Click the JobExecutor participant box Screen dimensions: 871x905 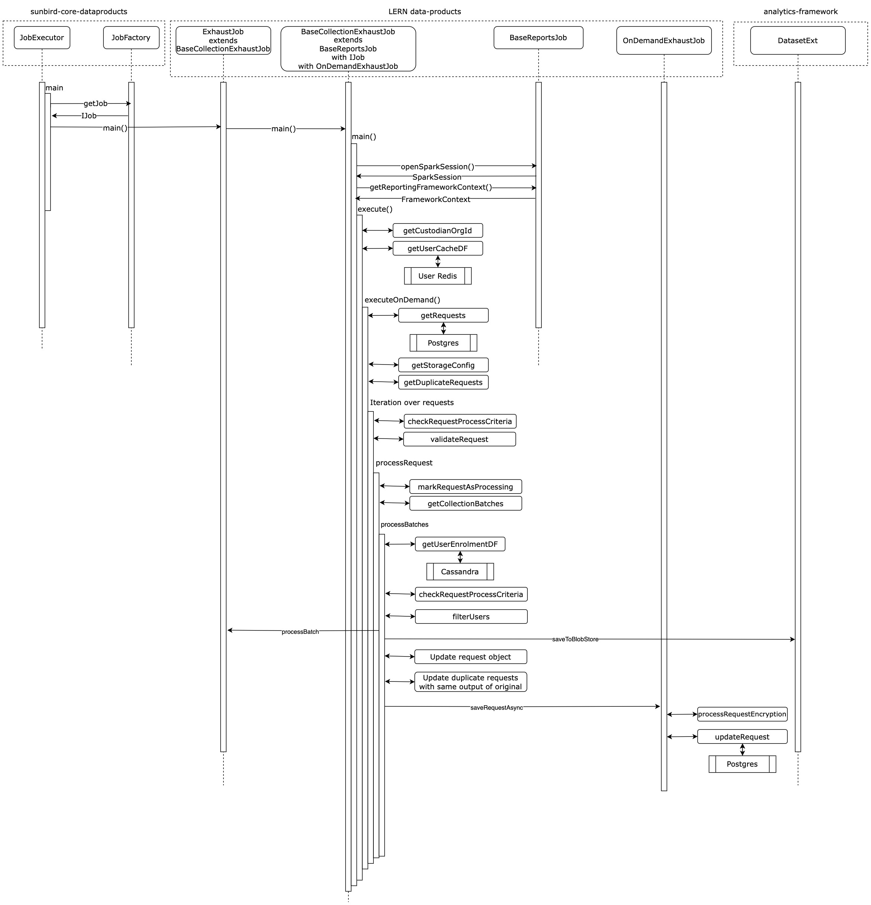click(x=42, y=38)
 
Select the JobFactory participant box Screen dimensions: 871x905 click(x=131, y=38)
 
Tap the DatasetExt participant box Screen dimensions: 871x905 click(x=798, y=40)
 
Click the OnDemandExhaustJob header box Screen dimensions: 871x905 click(x=664, y=40)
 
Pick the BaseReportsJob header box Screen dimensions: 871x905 click(x=538, y=38)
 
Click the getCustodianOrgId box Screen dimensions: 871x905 click(x=438, y=230)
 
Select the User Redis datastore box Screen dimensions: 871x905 click(x=438, y=276)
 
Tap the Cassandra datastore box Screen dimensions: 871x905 click(x=460, y=572)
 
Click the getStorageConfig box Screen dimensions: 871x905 click(x=443, y=365)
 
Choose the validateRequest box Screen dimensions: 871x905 click(x=459, y=439)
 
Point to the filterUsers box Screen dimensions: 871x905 click(x=471, y=616)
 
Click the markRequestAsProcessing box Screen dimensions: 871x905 click(x=465, y=487)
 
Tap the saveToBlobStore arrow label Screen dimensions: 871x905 click(x=575, y=639)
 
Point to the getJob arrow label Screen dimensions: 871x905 click(x=96, y=103)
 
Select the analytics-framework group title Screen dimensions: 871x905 click(x=800, y=12)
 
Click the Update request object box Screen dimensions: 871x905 click(x=470, y=657)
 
